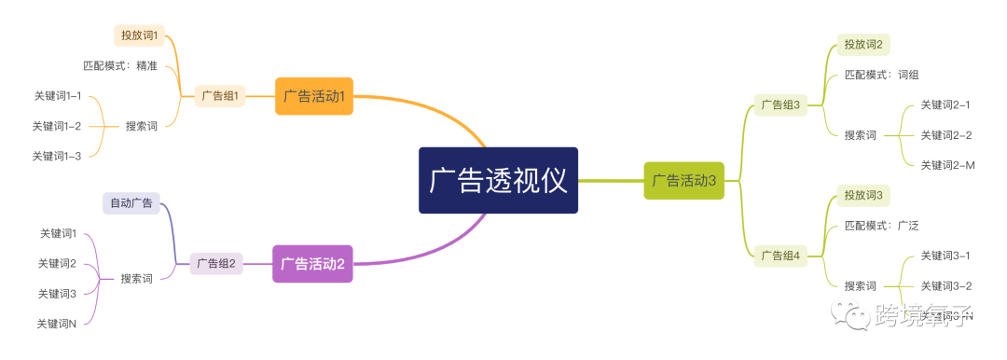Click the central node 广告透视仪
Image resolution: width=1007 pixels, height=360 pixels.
tap(498, 180)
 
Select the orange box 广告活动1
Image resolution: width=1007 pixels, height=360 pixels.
tap(314, 96)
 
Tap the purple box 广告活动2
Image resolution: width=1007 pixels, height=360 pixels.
tap(312, 264)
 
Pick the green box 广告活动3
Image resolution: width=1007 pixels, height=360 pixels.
tap(683, 180)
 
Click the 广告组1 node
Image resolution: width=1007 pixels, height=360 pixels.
tap(220, 96)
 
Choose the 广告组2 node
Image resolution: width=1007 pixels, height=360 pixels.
tap(216, 264)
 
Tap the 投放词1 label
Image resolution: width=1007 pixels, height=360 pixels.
tap(140, 35)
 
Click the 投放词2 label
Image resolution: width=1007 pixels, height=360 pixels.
tap(862, 44)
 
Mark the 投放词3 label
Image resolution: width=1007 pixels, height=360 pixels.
tap(862, 195)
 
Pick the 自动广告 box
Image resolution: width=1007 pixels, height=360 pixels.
tap(131, 202)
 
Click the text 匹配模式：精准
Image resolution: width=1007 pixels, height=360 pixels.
tap(120, 65)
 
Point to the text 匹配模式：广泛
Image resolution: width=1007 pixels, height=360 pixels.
tap(881, 226)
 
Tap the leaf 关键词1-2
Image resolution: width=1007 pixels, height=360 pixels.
tap(57, 126)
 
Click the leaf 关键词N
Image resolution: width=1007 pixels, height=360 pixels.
tap(57, 324)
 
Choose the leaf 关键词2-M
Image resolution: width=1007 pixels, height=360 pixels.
tap(946, 165)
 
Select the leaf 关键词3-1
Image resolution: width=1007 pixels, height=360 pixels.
tap(945, 256)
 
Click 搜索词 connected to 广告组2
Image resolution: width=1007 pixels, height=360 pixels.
tap(137, 279)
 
